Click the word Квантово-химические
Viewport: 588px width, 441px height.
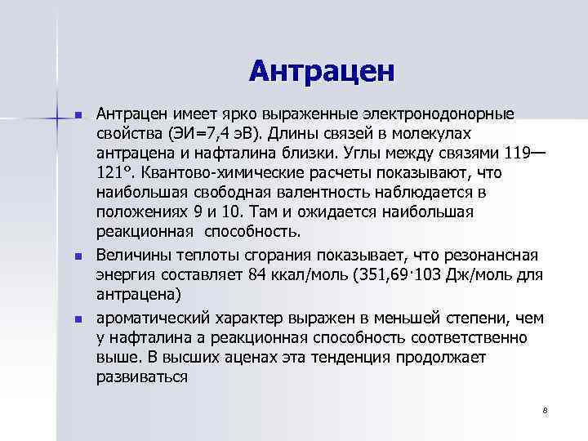click(x=212, y=173)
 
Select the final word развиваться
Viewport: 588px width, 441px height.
click(x=141, y=376)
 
